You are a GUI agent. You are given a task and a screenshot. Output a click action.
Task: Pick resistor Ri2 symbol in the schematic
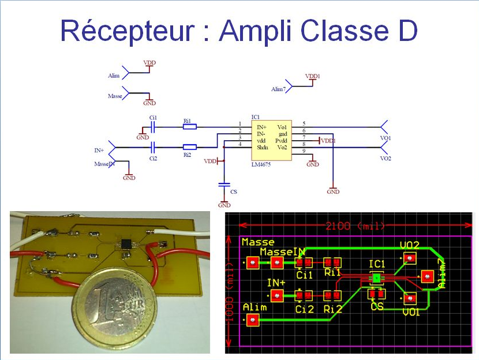click(189, 147)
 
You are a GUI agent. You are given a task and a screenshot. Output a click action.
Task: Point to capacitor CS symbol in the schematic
click(224, 185)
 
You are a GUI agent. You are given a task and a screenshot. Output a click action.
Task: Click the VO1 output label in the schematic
click(386, 138)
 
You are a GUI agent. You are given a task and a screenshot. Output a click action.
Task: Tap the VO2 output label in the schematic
click(386, 158)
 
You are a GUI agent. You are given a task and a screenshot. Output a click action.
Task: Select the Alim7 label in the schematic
click(278, 89)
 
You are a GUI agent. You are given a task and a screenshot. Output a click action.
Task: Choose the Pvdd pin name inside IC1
click(281, 140)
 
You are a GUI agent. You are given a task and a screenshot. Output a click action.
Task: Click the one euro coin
click(115, 310)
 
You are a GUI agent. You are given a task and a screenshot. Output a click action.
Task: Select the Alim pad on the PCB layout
click(252, 320)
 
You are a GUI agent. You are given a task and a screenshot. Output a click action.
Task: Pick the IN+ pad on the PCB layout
click(277, 296)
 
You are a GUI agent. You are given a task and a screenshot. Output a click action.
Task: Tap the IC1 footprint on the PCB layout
click(376, 279)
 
